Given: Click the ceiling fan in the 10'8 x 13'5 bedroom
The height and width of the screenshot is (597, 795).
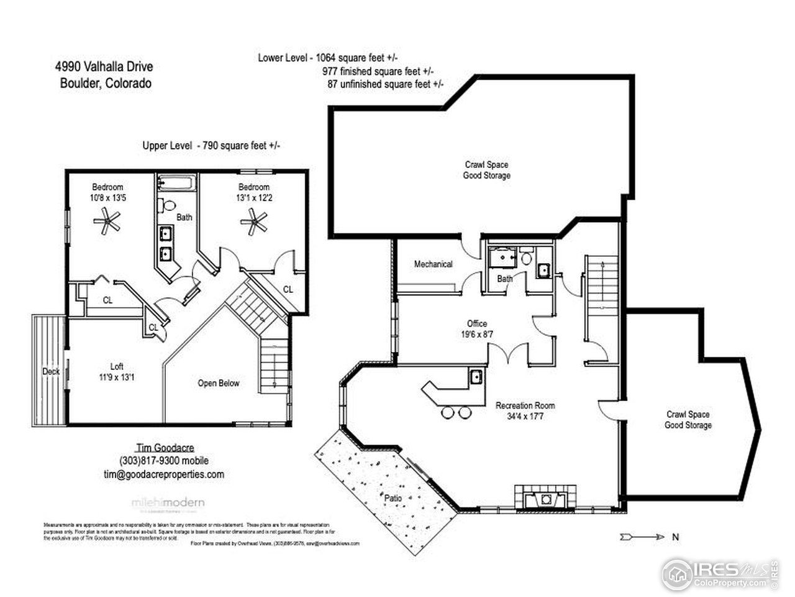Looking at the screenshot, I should (x=107, y=221).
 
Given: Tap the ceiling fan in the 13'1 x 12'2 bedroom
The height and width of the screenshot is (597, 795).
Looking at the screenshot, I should (x=253, y=221).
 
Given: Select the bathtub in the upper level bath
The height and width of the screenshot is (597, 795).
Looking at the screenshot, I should (x=177, y=183).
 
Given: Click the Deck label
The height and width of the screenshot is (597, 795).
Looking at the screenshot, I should (x=51, y=372).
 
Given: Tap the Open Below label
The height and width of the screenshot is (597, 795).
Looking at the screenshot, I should (x=219, y=383).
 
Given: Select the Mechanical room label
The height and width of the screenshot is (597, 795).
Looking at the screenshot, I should (x=434, y=264).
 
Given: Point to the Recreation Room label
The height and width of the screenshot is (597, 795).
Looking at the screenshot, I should (x=525, y=410).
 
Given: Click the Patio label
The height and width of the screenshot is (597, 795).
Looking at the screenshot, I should (x=393, y=498).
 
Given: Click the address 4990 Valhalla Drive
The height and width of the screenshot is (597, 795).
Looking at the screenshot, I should (x=104, y=67).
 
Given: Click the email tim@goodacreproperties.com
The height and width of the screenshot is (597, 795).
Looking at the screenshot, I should (x=163, y=474).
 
